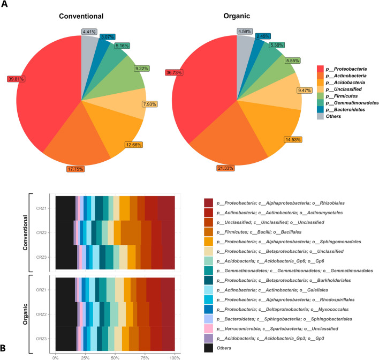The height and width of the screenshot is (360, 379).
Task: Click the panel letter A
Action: (6, 5)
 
